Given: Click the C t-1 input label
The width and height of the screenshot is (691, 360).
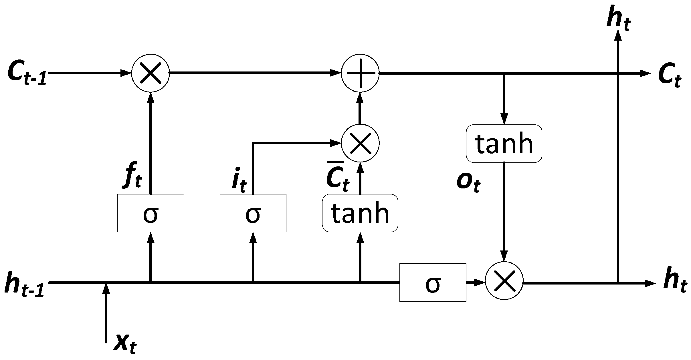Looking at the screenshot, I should click(27, 74).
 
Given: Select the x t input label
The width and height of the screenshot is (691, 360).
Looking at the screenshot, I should click(125, 345).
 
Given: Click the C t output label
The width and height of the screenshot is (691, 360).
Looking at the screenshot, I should click(670, 77).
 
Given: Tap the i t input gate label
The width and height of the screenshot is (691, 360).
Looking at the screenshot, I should click(239, 183).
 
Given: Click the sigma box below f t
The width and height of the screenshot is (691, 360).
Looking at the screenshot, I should click(151, 213).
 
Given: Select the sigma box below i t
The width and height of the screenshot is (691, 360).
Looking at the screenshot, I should click(253, 213).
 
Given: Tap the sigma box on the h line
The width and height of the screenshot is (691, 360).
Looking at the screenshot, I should click(433, 283).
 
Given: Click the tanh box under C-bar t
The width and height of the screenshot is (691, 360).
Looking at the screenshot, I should click(360, 213).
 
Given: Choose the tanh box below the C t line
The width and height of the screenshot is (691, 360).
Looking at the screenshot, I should click(504, 144).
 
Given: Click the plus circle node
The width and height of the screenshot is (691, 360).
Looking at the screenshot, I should click(360, 73).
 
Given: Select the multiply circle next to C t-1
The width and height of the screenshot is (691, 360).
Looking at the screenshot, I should click(151, 73).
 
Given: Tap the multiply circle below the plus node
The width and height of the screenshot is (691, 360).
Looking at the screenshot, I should click(360, 143).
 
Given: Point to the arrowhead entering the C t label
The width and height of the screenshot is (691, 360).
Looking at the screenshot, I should click(645, 73).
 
